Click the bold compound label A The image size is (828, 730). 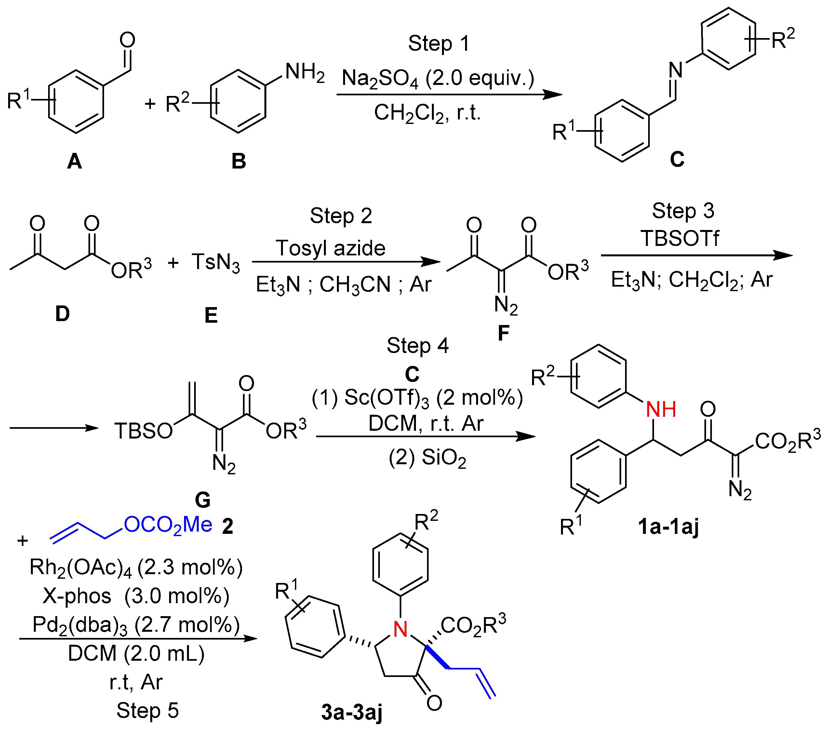tap(74, 161)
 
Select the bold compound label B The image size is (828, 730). tap(239, 161)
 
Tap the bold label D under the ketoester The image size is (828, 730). tap(62, 314)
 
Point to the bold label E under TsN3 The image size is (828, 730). tap(211, 315)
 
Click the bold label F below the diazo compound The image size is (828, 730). tap(503, 333)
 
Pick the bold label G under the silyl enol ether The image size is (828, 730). tap(203, 500)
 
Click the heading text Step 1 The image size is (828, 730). tap(439, 43)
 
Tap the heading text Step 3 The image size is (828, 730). tap(683, 211)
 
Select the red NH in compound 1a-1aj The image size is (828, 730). tap(661, 410)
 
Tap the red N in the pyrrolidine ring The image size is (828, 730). tap(400, 629)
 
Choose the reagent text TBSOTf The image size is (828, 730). tap(680, 238)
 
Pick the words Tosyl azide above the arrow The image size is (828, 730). tap(330, 248)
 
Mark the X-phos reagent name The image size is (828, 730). tap(77, 596)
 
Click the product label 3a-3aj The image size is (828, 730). tap(352, 712)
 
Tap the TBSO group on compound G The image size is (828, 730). tap(143, 431)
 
